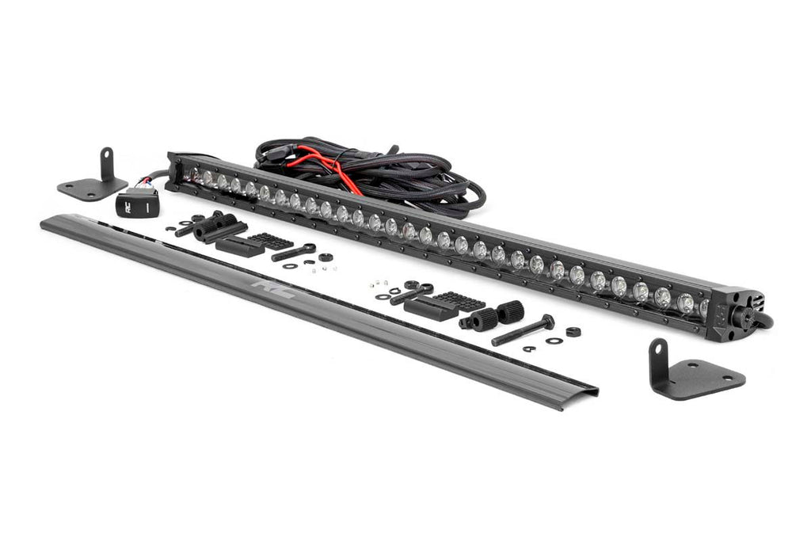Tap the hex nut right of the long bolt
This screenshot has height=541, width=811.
tap(573, 331)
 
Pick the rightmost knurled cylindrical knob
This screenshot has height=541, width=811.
tap(511, 311)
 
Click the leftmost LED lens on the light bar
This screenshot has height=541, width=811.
tap(193, 173)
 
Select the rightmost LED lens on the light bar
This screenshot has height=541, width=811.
tap(703, 307)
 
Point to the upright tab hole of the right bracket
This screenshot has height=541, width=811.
tap(657, 352)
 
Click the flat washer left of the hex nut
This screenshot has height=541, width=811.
tap(554, 340)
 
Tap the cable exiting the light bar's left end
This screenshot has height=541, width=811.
tap(154, 178)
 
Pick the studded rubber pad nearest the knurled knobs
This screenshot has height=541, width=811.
tap(459, 301)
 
